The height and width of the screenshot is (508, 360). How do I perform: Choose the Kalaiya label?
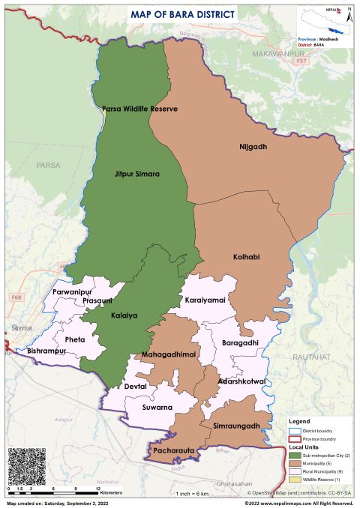[124, 315]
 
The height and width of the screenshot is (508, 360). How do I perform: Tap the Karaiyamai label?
[205, 300]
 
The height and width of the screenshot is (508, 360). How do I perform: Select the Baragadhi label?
[240, 342]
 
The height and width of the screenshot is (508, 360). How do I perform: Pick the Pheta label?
[75, 339]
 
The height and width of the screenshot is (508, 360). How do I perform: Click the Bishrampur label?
[47, 351]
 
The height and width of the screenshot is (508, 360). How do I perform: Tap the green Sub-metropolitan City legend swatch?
[295, 456]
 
